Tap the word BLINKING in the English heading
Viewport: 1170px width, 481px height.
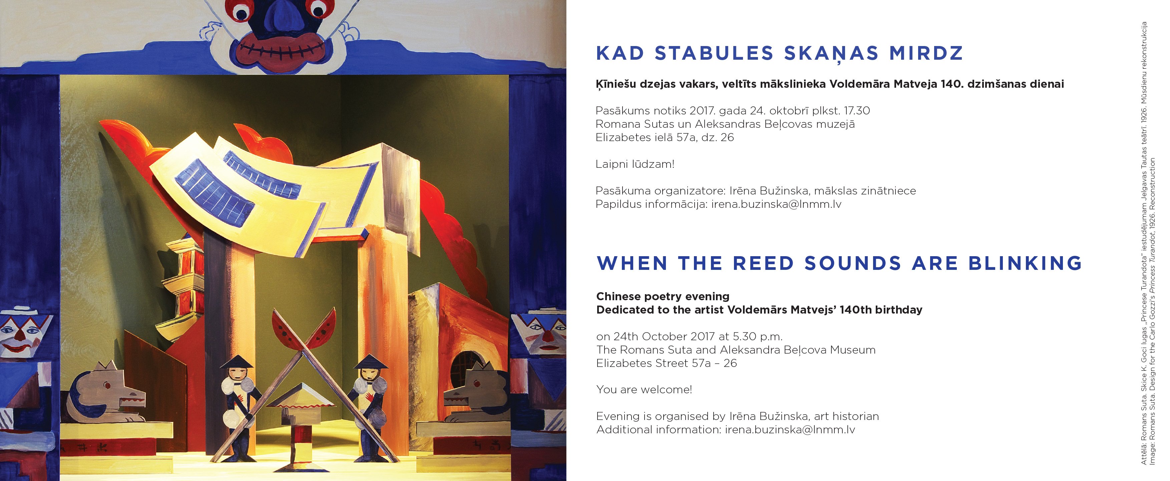(1026, 264)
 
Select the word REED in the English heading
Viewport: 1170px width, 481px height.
(764, 264)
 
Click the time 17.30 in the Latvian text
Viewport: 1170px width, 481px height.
(857, 111)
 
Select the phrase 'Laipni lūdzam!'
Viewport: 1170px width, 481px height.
(635, 164)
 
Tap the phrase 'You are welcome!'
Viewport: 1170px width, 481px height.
(644, 390)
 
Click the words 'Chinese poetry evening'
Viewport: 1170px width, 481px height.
(663, 297)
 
